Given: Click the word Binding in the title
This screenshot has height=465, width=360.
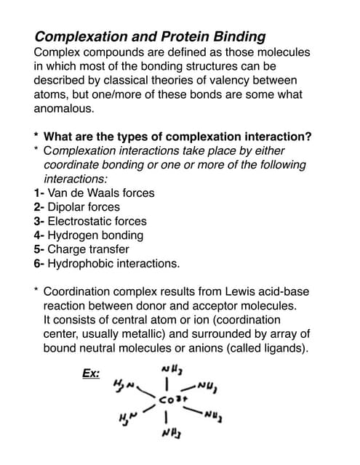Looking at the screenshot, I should (240, 36).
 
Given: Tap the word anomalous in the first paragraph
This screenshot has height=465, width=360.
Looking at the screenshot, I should (63, 108).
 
